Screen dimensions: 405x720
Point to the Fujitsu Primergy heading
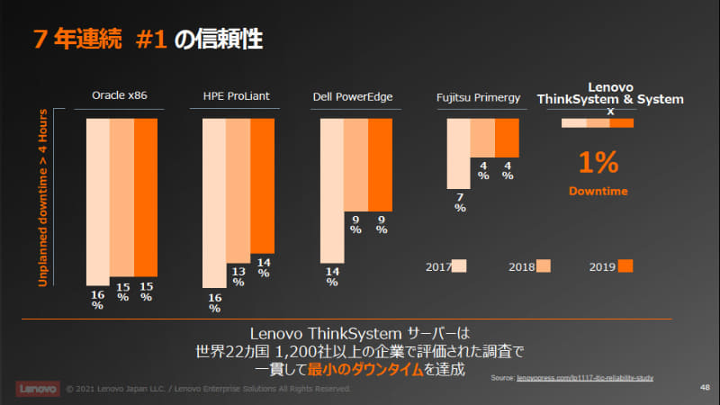pos(478,96)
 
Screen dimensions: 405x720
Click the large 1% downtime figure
pos(598,163)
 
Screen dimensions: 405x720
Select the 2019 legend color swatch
pos(626,265)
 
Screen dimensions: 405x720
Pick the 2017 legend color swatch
pos(459,265)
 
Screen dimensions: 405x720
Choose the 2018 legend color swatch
pos(543,265)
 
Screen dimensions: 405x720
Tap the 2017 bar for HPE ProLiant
pos(214,202)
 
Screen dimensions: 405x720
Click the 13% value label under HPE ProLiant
pos(238,275)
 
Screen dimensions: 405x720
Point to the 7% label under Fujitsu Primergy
pos(459,202)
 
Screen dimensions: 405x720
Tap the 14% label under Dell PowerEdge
pos(331,276)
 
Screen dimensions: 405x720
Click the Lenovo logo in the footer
pos(35,389)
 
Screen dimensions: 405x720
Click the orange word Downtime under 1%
pos(598,192)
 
